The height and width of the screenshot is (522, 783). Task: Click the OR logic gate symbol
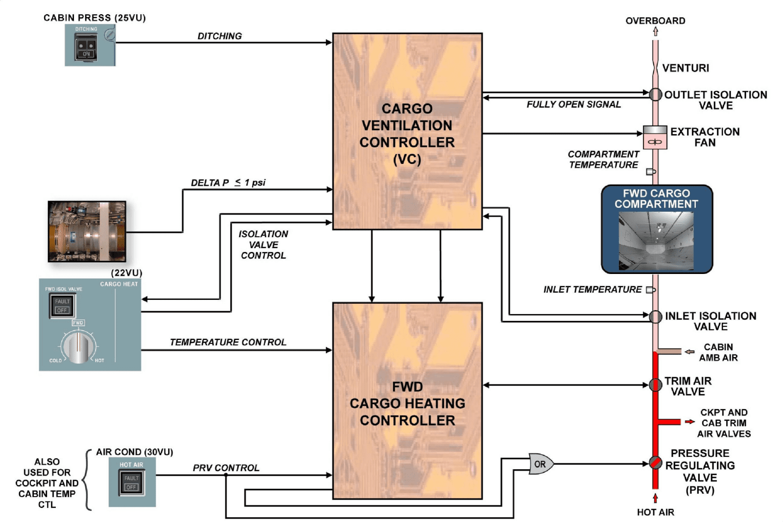541,464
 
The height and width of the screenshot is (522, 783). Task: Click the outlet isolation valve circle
655,94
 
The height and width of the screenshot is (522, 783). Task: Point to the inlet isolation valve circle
655,317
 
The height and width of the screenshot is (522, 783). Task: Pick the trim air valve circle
655,385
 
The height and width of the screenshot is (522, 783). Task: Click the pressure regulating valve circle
655,462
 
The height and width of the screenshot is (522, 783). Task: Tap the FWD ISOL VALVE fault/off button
62,306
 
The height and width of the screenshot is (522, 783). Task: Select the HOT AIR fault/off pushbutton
131,482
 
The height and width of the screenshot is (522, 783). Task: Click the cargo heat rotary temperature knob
77,347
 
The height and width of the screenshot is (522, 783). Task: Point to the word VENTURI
685,68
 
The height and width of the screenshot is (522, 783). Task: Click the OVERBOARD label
655,21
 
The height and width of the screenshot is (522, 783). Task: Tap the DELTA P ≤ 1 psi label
228,182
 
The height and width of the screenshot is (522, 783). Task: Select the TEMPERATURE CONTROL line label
228,342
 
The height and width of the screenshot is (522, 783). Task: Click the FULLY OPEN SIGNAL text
573,104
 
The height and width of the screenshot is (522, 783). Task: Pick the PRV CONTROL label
226,468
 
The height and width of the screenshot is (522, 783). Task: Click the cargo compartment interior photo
656,240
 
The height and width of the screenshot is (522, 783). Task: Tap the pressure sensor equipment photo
87,231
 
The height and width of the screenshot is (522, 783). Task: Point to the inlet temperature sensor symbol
651,290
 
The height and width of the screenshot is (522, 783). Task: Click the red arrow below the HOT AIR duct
655,498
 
